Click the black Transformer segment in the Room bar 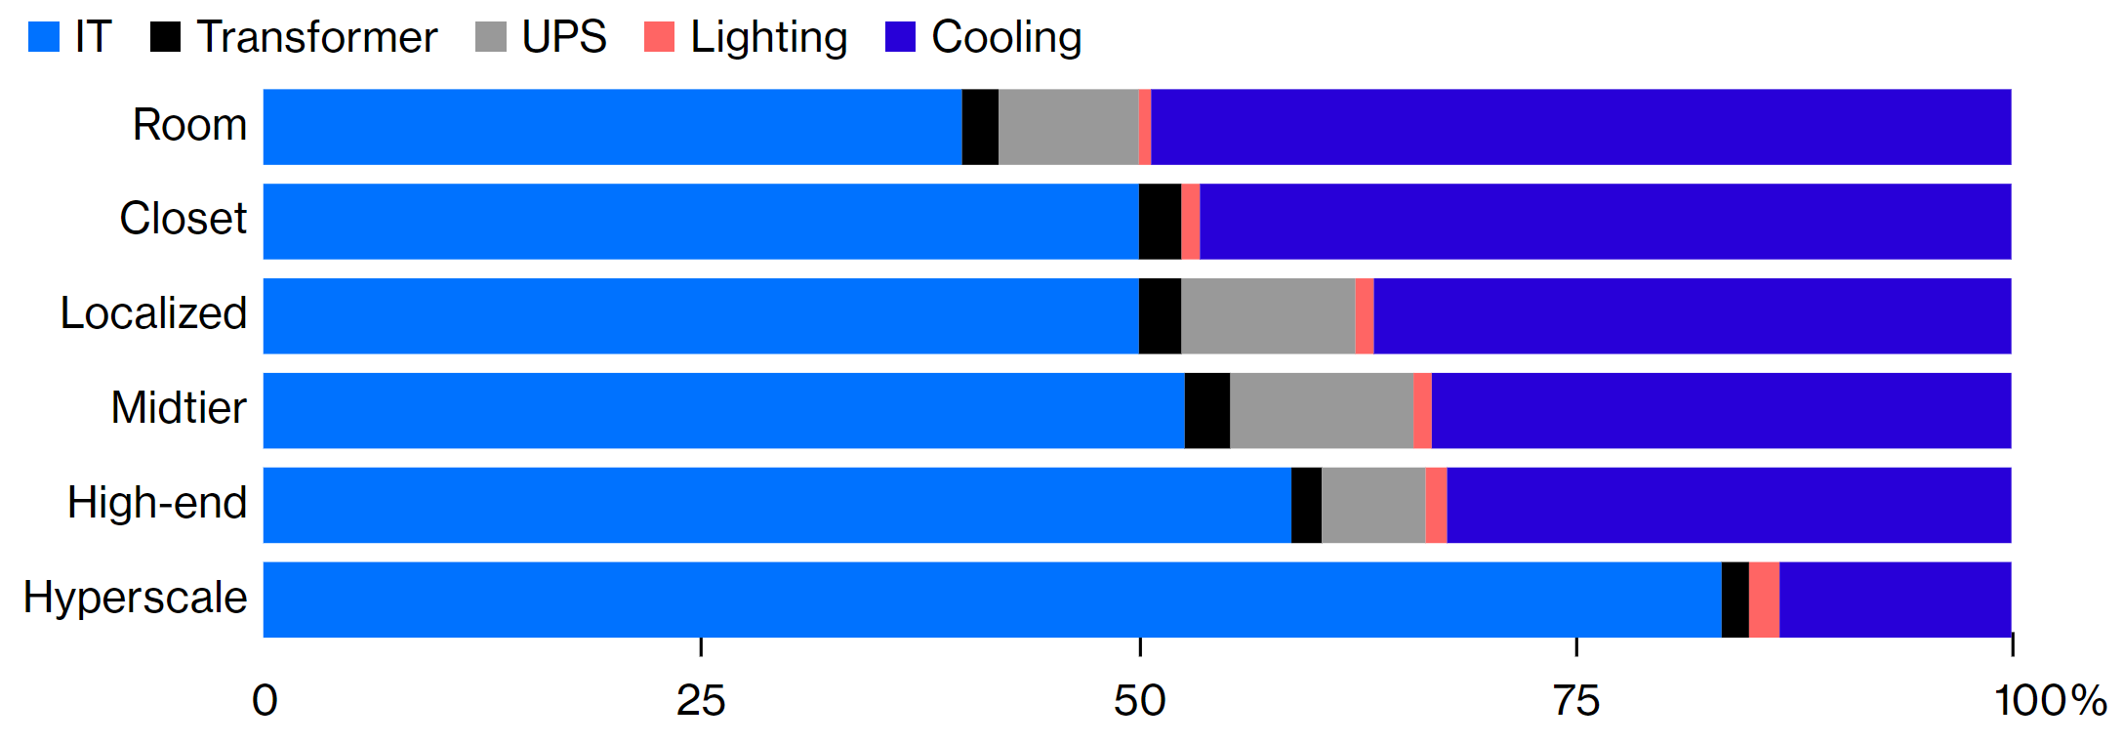point(980,127)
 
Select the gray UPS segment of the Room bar point(1068,127)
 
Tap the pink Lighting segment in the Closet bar point(1190,222)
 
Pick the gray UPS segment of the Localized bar point(1267,316)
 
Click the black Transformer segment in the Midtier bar point(1206,410)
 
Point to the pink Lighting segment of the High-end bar point(1435,505)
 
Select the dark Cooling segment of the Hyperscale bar point(1894,600)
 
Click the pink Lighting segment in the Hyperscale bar point(1763,600)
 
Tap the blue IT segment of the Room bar point(612,127)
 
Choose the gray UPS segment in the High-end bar point(1372,505)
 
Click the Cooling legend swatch point(900,37)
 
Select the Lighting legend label point(768,37)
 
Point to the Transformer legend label point(316,37)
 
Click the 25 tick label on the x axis point(700,701)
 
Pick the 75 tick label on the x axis point(1575,701)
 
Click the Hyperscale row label point(135,598)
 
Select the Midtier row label point(178,408)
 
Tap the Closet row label point(183,219)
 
